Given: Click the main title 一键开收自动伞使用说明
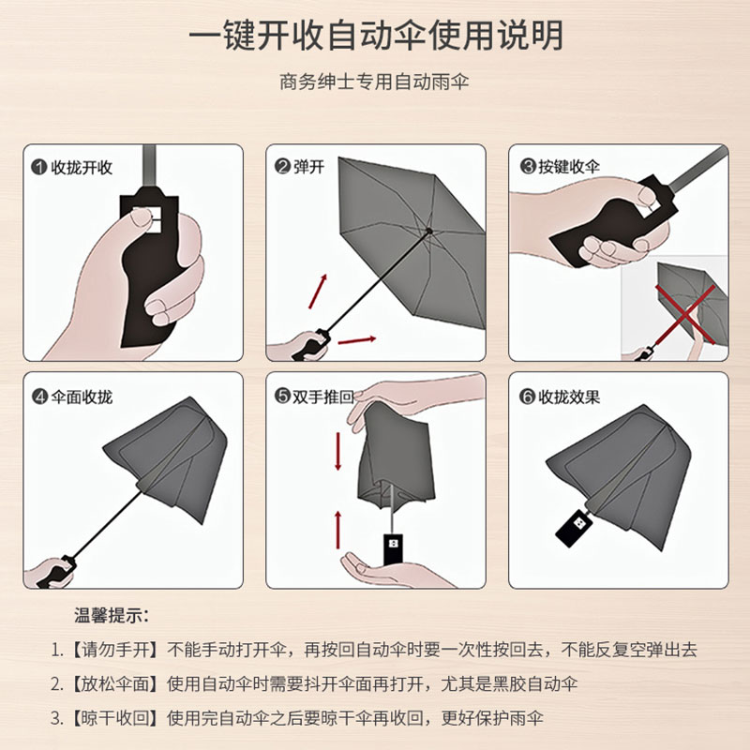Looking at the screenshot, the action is tap(376, 36).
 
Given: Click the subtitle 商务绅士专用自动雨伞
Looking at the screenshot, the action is tap(374, 82).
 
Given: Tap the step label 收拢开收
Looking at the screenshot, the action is tap(82, 168).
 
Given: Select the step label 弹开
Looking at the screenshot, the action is tap(309, 167).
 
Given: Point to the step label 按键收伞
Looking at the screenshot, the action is tap(569, 167).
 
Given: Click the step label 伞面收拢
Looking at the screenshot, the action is tap(82, 397).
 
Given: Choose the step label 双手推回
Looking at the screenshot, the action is tap(323, 397).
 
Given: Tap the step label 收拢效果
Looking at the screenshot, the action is tap(569, 397).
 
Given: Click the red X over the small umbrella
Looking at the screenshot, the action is tap(685, 314).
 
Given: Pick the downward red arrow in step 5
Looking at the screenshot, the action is tap(338, 451).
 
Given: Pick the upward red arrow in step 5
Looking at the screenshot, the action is tap(338, 530).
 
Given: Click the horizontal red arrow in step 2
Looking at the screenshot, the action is tap(357, 340).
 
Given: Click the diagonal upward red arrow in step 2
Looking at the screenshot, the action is tap(318, 292).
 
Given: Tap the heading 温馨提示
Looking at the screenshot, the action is tap(112, 615).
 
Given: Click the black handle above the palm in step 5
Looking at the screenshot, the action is tap(393, 549).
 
